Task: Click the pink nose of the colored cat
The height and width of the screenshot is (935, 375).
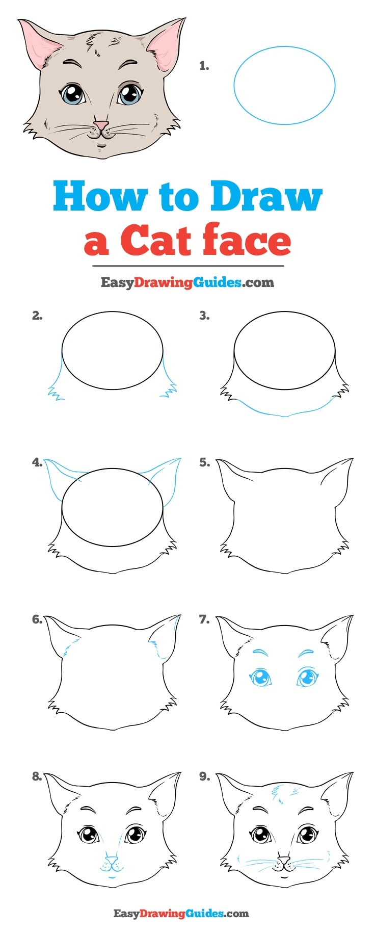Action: coord(101,124)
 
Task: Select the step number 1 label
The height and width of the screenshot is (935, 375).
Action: coord(204,66)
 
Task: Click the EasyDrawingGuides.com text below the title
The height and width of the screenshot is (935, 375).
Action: coord(187,282)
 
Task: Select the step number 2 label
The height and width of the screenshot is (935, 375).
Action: coord(37,316)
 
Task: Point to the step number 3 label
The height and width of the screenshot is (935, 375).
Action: coord(204,316)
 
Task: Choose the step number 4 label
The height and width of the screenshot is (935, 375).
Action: coord(37,463)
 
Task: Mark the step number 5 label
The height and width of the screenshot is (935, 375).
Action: coord(204,463)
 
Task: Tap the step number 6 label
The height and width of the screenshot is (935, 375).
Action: coord(37,619)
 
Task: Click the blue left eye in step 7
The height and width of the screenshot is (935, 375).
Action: coord(261,679)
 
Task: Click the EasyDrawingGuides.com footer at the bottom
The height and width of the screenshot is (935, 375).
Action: coord(181,914)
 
